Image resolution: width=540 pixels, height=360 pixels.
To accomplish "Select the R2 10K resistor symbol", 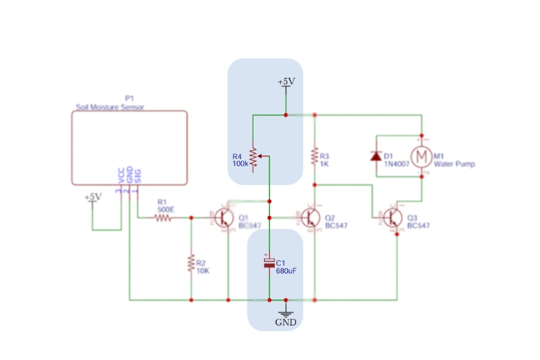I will [x=192, y=263].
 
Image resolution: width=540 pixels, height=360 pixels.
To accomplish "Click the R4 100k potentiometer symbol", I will [x=253, y=156].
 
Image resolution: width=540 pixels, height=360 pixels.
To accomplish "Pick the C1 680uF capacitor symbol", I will [x=269, y=264].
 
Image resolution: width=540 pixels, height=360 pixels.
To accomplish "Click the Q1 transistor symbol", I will [x=225, y=217].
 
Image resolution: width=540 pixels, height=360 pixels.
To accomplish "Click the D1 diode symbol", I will [x=375, y=156].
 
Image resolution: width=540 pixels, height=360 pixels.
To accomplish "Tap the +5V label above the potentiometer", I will [x=286, y=82].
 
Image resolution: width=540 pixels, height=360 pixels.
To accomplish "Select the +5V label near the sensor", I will [x=93, y=197].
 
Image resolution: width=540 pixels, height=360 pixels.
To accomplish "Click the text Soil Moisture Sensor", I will [x=110, y=107].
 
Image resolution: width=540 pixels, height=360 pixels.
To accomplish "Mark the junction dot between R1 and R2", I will [x=192, y=217].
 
